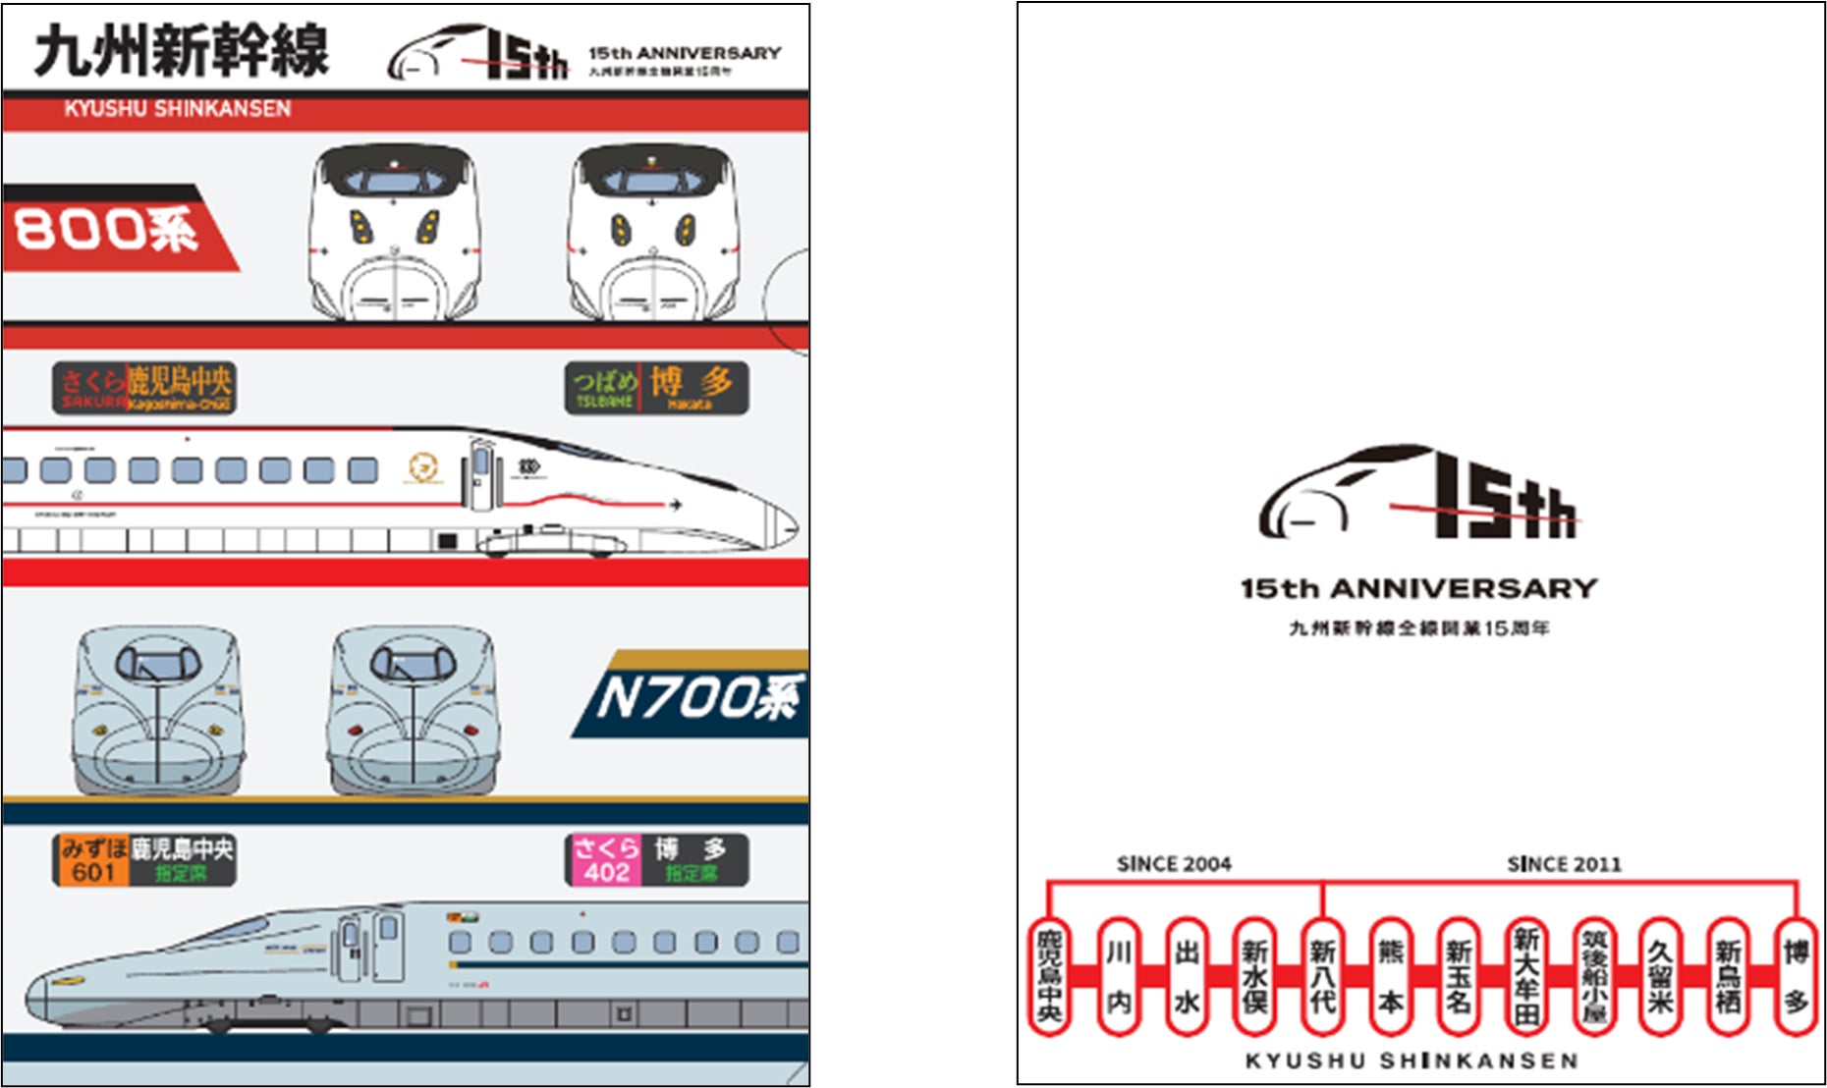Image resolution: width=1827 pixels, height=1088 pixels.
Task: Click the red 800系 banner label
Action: pyautogui.click(x=108, y=230)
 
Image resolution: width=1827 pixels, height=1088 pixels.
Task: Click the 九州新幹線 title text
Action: pyautogui.click(x=182, y=51)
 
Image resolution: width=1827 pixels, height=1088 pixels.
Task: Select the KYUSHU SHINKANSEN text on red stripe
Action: pyautogui.click(x=178, y=109)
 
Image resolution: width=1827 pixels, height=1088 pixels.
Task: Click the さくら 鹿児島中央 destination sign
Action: pyautogui.click(x=144, y=388)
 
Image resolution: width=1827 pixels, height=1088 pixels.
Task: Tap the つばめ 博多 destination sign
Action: pyautogui.click(x=656, y=388)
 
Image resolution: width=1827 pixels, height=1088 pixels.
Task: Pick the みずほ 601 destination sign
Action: pyautogui.click(x=144, y=860)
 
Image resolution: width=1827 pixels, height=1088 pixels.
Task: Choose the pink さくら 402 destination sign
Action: pyautogui.click(x=656, y=860)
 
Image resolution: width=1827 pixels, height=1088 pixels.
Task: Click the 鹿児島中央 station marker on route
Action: pyautogui.click(x=1049, y=977)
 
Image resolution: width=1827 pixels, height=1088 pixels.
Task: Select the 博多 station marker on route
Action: pyautogui.click(x=1797, y=977)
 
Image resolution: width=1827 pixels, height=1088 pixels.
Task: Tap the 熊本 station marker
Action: pyautogui.click(x=1390, y=977)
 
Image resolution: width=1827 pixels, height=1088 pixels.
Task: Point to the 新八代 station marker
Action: pyautogui.click(x=1322, y=977)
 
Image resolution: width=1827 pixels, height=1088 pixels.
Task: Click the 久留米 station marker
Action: pyautogui.click(x=1660, y=977)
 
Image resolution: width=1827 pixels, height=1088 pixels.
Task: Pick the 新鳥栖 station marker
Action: pyautogui.click(x=1729, y=977)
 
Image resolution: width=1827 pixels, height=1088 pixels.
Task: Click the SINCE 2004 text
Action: pyautogui.click(x=1174, y=864)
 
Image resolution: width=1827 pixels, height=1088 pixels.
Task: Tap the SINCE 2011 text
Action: pyautogui.click(x=1564, y=864)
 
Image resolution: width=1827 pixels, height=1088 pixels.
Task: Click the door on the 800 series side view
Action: pyautogui.click(x=481, y=474)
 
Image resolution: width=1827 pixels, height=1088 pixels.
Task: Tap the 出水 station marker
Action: pyautogui.click(x=1186, y=977)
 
